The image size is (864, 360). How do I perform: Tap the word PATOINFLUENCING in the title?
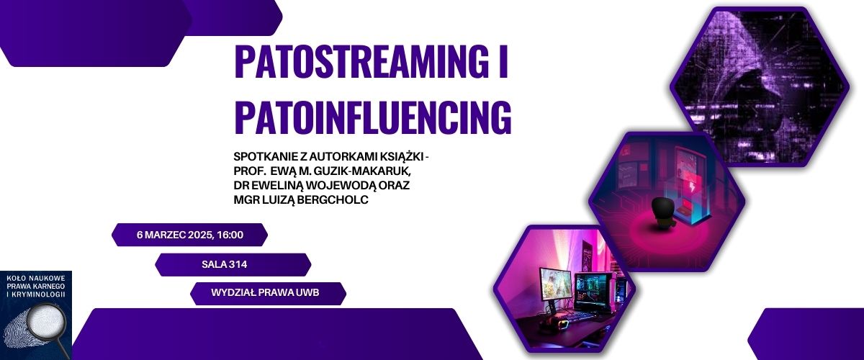[373, 117]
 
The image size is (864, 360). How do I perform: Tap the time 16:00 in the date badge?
[230, 235]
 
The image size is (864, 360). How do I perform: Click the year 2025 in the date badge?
[201, 235]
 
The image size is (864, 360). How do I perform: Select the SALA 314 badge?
[233, 265]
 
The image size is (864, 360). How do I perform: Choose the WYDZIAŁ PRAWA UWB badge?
[268, 294]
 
